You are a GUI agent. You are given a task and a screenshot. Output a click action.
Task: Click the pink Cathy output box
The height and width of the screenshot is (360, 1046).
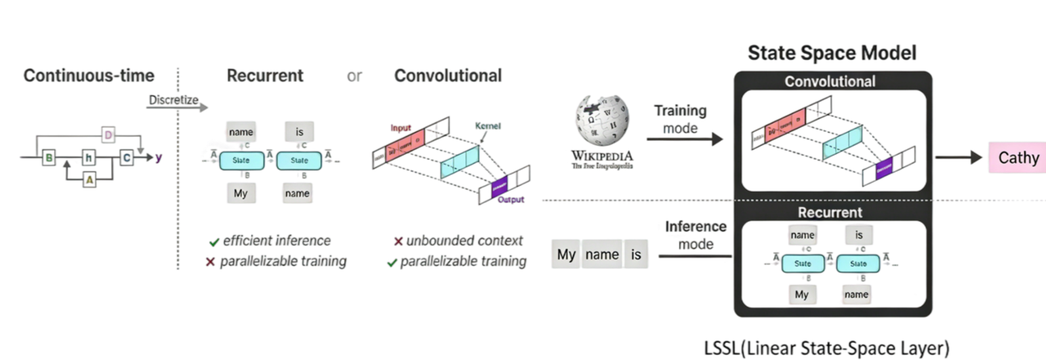pos(1016,158)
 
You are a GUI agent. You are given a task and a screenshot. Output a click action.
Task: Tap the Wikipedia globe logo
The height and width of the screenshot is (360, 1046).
pos(602,120)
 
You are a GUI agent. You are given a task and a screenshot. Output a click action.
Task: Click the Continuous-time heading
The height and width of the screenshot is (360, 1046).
pos(89,75)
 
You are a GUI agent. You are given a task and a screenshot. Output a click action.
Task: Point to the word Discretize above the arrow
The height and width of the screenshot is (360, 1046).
pos(174,100)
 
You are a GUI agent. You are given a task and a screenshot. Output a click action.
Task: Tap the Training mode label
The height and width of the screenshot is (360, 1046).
pos(680,118)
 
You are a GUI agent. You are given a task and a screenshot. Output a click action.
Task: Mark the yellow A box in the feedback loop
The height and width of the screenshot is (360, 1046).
pos(89,179)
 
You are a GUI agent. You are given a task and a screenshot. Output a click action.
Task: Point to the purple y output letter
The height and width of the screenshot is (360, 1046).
pos(159,157)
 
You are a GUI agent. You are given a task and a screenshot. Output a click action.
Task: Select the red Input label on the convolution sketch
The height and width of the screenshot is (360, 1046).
pos(401,127)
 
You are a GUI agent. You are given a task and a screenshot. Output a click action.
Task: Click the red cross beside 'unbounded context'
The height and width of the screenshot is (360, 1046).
pos(398,241)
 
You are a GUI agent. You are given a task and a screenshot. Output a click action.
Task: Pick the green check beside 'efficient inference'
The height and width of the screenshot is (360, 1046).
pos(213,241)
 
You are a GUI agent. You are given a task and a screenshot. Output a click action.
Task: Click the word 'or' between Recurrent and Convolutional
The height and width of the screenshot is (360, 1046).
pos(354,76)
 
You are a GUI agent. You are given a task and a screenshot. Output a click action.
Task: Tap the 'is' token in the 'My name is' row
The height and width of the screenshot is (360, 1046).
pos(635,255)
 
